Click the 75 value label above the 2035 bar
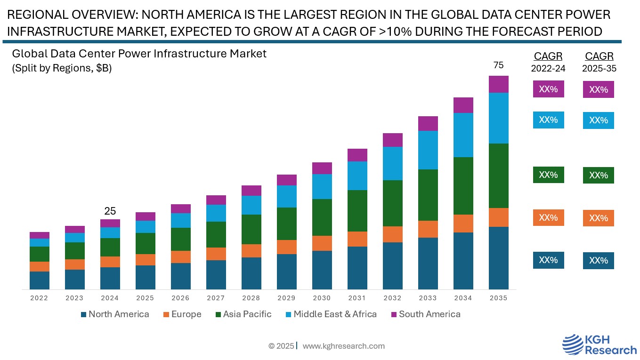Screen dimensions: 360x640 (498, 65)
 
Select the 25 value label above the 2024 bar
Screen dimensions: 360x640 (110, 211)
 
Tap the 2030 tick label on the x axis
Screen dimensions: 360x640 (322, 298)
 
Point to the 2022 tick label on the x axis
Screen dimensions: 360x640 (39, 298)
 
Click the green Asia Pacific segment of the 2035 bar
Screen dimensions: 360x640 (498, 176)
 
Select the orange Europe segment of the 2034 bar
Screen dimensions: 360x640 (463, 224)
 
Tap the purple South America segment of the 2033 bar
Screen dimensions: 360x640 (428, 123)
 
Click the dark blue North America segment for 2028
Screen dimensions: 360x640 (251, 273)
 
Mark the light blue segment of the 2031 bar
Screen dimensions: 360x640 (357, 176)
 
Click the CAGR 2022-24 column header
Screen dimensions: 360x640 (548, 62)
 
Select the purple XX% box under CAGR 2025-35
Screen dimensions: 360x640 (598, 89)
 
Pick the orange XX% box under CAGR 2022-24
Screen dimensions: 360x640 (548, 217)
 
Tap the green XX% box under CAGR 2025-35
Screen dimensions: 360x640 (598, 175)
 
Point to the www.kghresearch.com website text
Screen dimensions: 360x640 (343, 346)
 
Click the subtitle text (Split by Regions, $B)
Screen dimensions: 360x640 (61, 68)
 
